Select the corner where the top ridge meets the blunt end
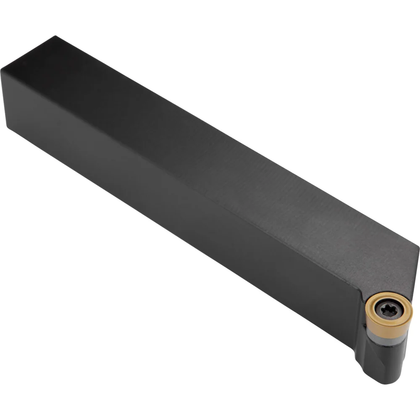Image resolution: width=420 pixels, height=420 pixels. click(2, 69)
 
